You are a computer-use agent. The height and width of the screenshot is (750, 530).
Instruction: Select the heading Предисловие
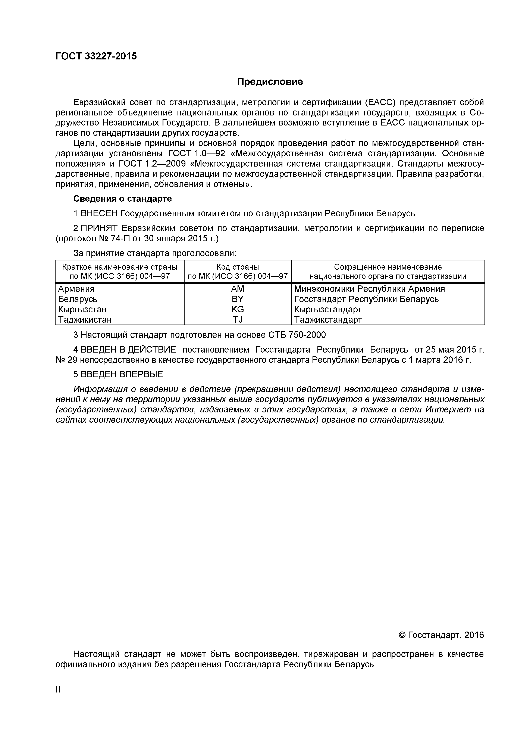(270, 82)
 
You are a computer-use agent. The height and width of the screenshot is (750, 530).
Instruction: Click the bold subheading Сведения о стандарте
(122, 199)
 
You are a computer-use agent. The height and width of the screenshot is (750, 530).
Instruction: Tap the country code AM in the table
(237, 289)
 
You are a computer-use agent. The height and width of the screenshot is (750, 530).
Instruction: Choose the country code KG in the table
(237, 309)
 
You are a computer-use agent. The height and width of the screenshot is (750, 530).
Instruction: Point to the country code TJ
(237, 319)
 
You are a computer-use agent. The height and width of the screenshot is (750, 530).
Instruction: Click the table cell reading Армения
(76, 289)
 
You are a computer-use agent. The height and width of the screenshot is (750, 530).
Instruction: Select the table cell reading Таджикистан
(85, 319)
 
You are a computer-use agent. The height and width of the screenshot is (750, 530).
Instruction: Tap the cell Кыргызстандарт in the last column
(328, 309)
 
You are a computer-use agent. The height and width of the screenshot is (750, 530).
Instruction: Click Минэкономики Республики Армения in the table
(369, 289)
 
